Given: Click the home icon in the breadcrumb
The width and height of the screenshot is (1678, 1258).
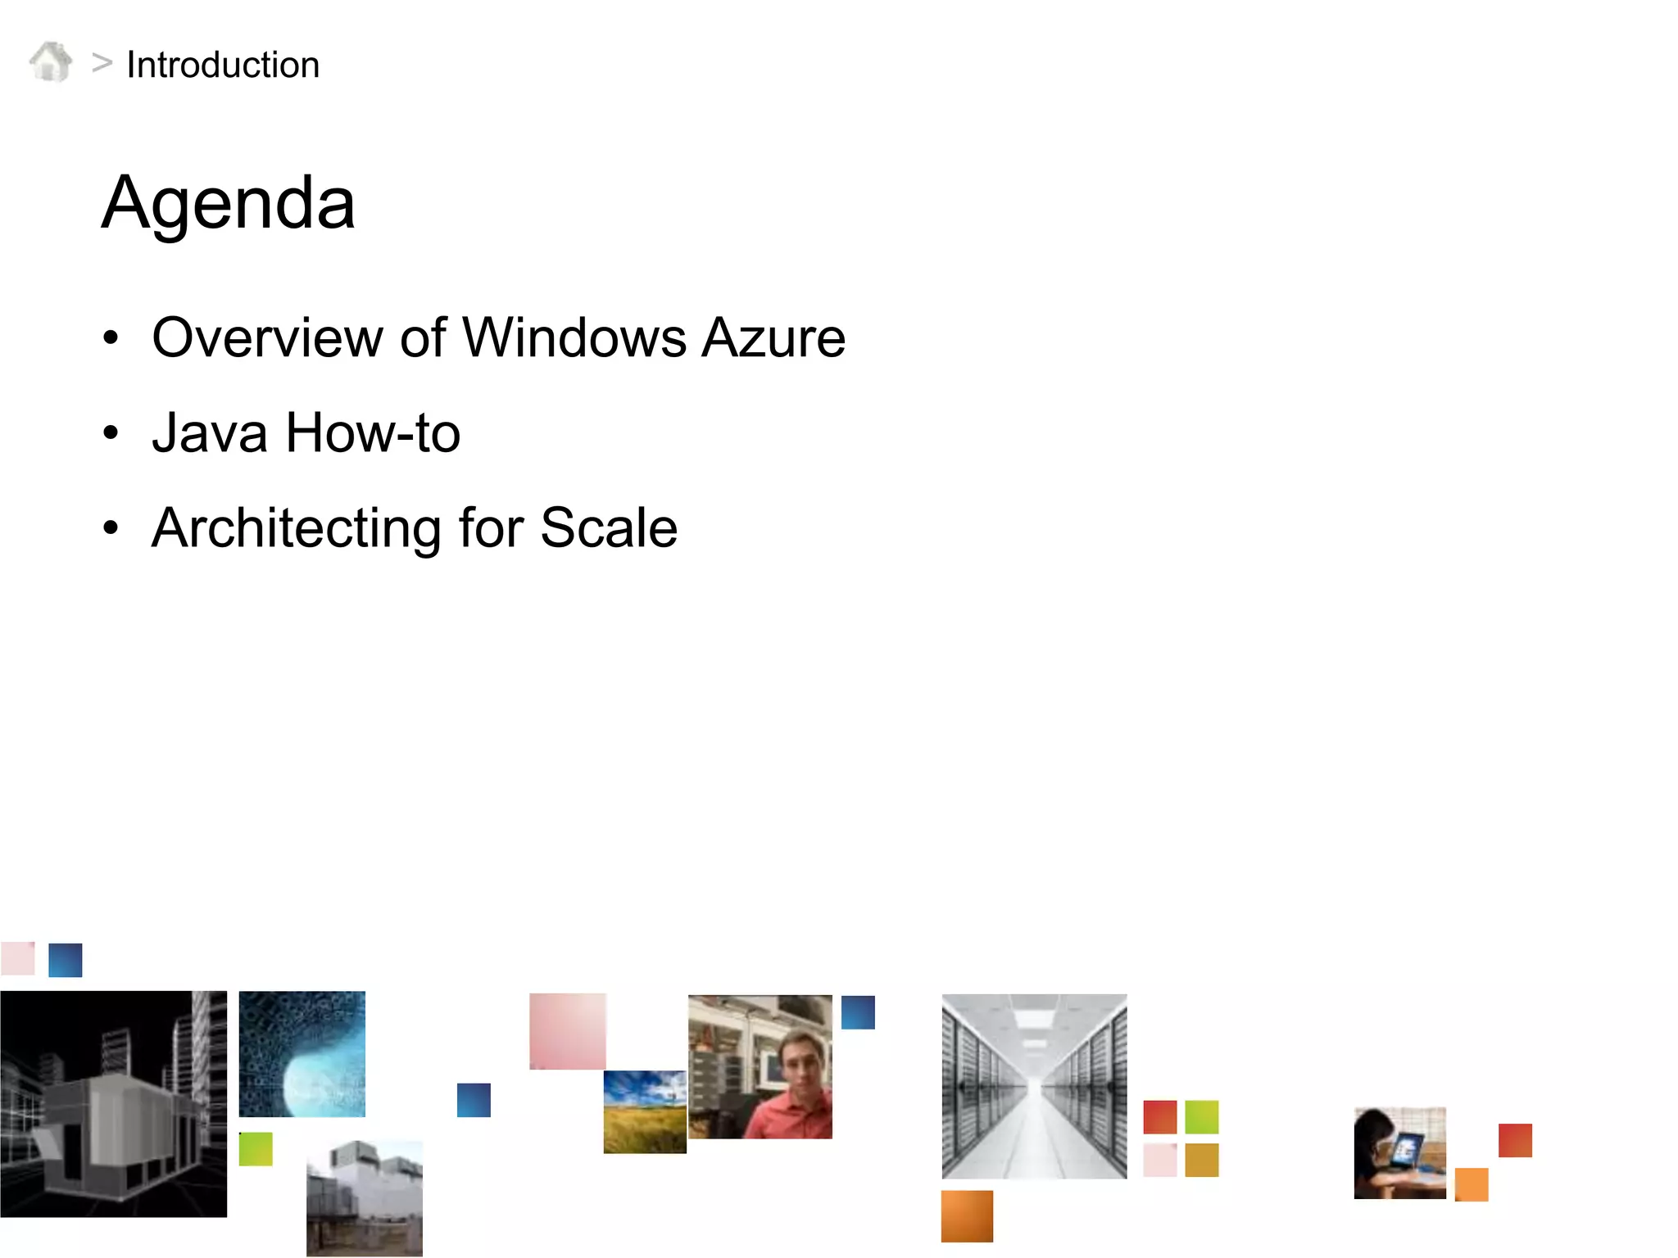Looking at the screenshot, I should (x=51, y=62).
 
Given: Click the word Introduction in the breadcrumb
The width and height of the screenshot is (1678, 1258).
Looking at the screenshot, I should (x=223, y=65).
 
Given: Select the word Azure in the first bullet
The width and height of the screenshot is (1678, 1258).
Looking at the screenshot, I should (x=773, y=337).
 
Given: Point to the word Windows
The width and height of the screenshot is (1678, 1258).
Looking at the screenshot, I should (x=574, y=337).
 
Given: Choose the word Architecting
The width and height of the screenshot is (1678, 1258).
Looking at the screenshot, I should (x=297, y=527).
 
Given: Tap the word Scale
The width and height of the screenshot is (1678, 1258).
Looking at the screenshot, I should (x=609, y=527).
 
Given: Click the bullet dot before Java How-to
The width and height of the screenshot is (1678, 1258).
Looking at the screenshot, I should (x=111, y=432).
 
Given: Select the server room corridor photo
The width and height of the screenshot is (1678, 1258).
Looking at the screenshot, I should (x=1034, y=1086).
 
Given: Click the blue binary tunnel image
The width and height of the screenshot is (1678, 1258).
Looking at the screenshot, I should (x=302, y=1054).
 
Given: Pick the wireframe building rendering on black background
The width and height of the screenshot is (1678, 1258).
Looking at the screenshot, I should (x=113, y=1104).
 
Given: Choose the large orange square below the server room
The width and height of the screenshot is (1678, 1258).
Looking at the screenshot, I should (x=967, y=1216).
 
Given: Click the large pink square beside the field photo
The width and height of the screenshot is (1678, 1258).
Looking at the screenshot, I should (x=567, y=1030).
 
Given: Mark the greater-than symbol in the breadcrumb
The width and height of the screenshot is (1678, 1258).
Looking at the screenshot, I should (x=102, y=62).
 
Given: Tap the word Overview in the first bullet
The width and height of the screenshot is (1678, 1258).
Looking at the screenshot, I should (x=267, y=337).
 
